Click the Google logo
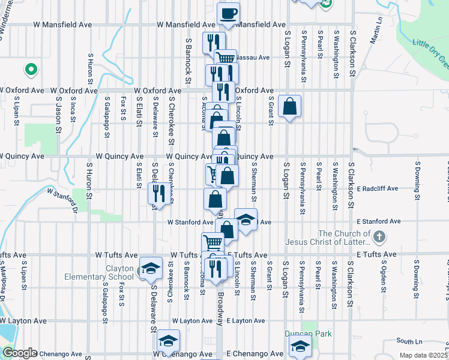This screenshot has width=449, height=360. coord(19,353)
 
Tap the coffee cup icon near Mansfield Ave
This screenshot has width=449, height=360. coord(228,13)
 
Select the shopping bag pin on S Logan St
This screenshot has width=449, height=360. coord(290,107)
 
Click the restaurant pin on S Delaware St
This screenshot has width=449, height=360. coord(156,193)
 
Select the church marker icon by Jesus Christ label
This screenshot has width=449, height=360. coord(378,238)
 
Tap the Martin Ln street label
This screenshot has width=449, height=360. coord(376,30)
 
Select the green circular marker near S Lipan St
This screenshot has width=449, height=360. coord(30,70)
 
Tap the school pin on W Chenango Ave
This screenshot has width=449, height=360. coord(169,341)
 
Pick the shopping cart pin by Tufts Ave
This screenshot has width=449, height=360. coord(212,243)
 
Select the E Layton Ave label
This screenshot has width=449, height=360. coord(246,321)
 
